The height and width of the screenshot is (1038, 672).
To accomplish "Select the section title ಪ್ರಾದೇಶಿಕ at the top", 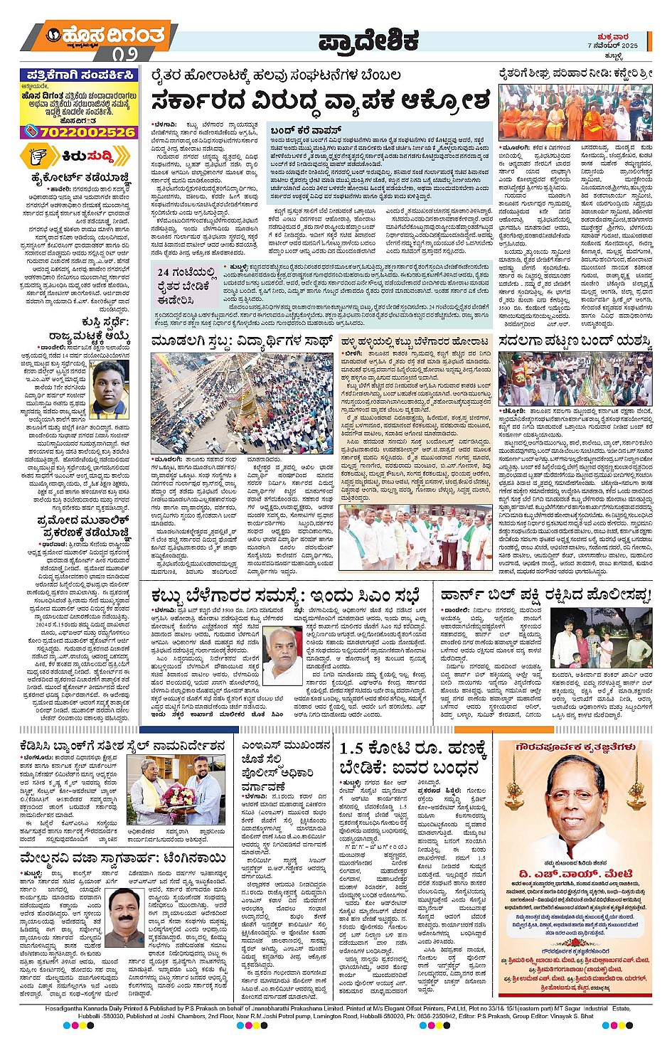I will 368,41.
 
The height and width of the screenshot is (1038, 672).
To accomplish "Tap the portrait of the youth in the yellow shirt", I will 110,389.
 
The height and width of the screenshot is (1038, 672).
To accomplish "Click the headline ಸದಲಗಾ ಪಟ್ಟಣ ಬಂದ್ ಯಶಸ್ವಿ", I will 575,342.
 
